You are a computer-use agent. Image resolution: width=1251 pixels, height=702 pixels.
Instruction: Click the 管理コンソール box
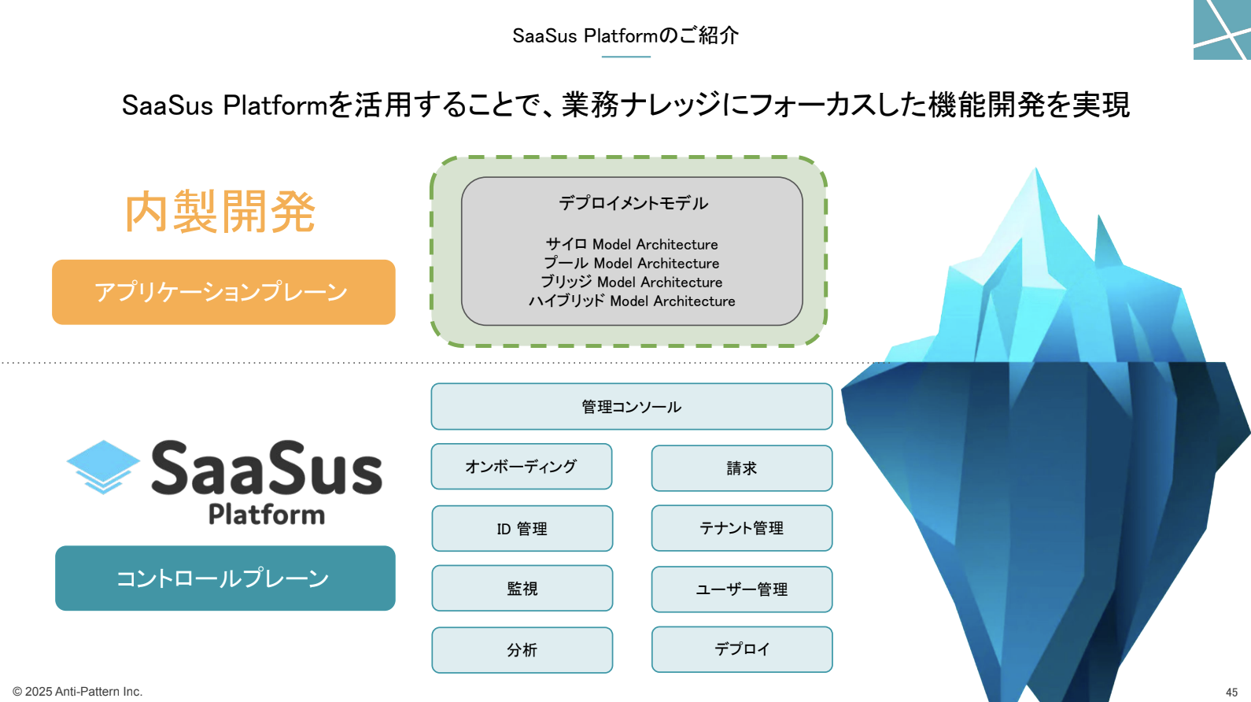(x=632, y=407)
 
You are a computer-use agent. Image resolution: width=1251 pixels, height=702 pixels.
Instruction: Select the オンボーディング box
(x=522, y=467)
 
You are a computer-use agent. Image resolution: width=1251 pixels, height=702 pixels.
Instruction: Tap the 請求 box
(x=742, y=468)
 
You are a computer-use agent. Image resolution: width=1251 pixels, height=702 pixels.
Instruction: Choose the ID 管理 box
(x=522, y=528)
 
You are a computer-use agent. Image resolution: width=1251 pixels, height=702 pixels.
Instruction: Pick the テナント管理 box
(x=742, y=528)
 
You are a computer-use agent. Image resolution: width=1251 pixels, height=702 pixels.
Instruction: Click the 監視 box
(x=522, y=588)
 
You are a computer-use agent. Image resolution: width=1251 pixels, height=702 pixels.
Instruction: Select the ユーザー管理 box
(x=742, y=589)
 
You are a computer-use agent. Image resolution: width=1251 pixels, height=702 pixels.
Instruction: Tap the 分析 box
(x=522, y=650)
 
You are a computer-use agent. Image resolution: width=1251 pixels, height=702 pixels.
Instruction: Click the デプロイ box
(x=742, y=649)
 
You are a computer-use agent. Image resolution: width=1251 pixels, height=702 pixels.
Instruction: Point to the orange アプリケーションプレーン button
(x=223, y=292)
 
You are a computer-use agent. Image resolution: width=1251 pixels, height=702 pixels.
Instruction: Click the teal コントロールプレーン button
(x=225, y=578)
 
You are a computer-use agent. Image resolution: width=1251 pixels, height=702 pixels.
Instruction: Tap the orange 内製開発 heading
(x=220, y=212)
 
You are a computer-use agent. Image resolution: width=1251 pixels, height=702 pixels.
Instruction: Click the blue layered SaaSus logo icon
(x=103, y=467)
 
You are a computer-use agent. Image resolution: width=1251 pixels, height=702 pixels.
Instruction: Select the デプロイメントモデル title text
(x=633, y=203)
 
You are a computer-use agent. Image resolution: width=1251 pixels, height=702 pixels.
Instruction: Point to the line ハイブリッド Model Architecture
(x=632, y=301)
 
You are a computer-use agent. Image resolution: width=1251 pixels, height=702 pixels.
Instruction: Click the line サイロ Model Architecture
(x=632, y=244)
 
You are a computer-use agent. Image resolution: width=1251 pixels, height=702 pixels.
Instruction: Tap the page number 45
(x=1231, y=692)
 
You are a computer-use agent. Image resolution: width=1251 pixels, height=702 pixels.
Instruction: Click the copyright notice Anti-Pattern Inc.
(x=77, y=692)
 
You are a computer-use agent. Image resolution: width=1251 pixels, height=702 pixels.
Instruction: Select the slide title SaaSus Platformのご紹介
(x=625, y=35)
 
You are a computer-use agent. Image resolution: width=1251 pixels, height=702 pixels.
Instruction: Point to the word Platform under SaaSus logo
(x=267, y=515)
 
